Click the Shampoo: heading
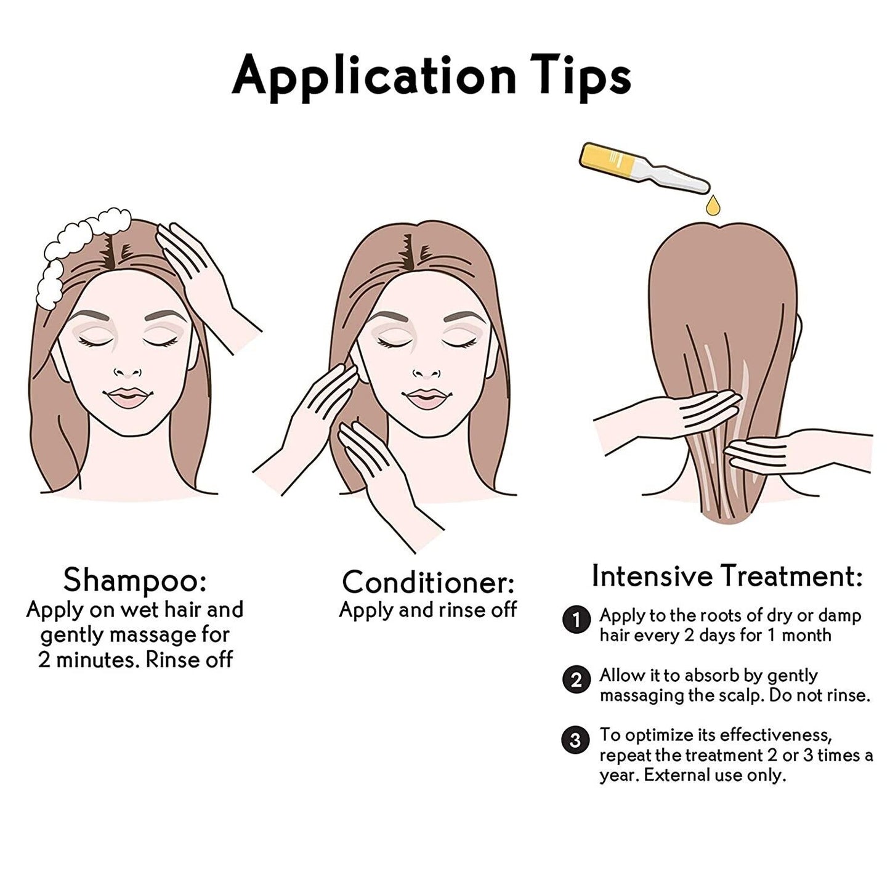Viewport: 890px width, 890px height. coord(135,581)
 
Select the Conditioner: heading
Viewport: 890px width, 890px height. coord(428,583)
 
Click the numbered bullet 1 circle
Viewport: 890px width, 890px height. coord(576,620)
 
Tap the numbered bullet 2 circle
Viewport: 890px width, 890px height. coord(576,680)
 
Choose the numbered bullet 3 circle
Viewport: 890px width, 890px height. coord(575,740)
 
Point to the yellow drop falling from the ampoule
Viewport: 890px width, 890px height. coord(714,205)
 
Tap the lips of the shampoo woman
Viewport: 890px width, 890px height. coord(129,397)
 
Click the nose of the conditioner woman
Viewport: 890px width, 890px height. coord(427,372)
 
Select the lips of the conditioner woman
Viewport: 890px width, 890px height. coord(427,398)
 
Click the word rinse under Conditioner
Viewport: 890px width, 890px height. coord(463,611)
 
